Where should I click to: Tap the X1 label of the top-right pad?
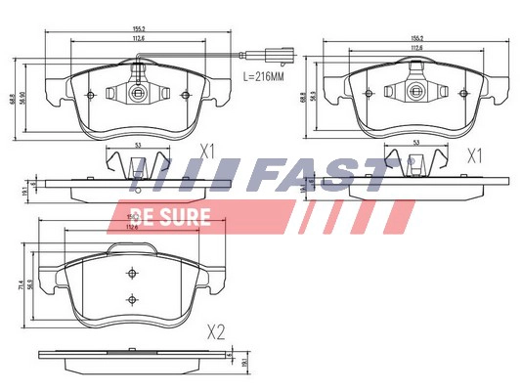pyautogui.click(x=475, y=155)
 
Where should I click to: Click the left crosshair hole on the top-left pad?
pyautogui.click(x=90, y=95)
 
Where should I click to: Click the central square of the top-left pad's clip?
pyautogui.click(x=139, y=94)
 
